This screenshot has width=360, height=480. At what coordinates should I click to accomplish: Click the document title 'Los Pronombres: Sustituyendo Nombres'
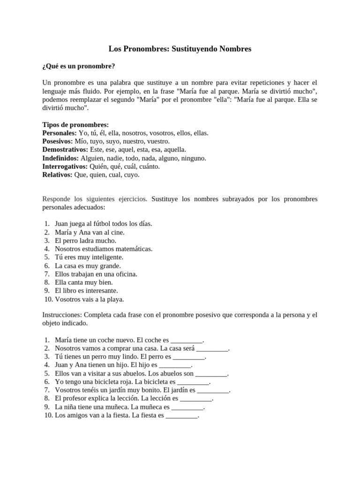[x=180, y=49]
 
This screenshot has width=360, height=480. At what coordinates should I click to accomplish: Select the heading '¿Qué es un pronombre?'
[x=78, y=66]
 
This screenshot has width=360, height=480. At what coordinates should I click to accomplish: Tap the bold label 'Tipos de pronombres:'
[x=75, y=125]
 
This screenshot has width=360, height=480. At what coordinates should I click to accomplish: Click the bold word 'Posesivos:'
[x=58, y=141]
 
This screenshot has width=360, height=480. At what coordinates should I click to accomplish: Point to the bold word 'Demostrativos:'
[x=65, y=150]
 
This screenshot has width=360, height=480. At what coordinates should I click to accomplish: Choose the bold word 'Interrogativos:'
[x=65, y=166]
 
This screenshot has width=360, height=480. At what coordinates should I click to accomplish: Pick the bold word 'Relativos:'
[x=57, y=175]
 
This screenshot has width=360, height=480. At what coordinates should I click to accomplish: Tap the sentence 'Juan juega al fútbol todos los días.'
[x=103, y=224]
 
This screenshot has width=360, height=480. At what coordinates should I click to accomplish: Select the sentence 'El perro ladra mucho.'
[x=85, y=240]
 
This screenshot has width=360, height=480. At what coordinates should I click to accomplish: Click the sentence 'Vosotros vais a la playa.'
[x=89, y=299]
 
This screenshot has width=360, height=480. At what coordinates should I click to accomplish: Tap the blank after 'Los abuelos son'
[x=211, y=374]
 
